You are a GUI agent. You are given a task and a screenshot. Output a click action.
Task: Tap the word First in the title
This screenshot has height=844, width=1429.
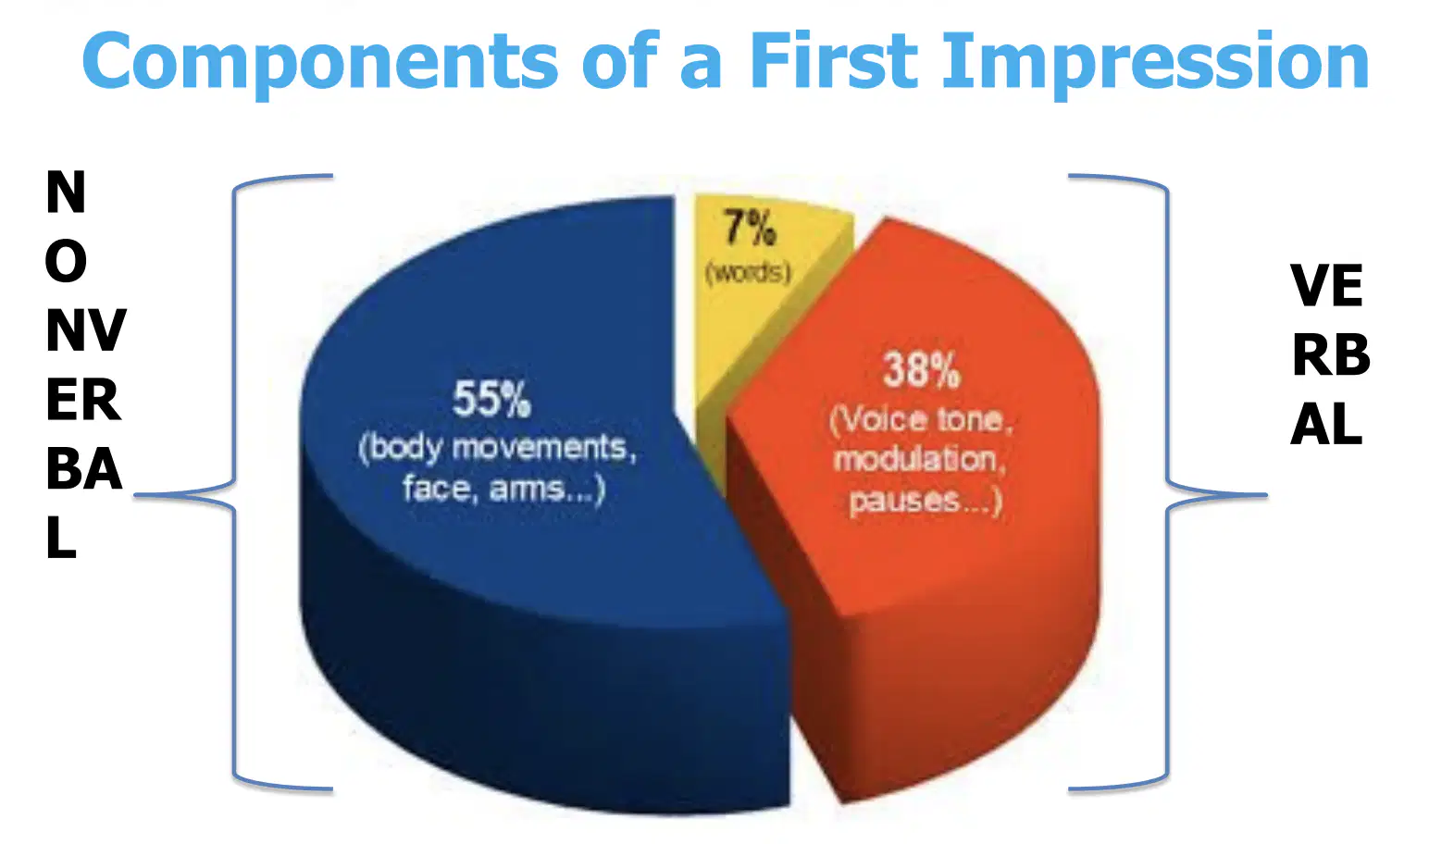click(x=834, y=59)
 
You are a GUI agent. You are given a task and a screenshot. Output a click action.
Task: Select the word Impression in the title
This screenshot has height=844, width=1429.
click(x=1156, y=63)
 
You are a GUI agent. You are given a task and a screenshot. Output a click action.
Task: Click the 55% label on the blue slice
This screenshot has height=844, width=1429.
click(x=491, y=399)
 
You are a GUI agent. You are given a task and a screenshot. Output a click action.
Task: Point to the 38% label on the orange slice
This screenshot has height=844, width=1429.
click(x=921, y=370)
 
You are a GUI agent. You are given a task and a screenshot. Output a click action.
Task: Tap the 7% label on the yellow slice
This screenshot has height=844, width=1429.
click(x=750, y=229)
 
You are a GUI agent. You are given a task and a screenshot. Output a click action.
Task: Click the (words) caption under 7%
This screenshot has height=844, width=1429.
click(x=748, y=273)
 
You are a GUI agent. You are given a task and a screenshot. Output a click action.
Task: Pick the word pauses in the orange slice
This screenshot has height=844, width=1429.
click(x=904, y=500)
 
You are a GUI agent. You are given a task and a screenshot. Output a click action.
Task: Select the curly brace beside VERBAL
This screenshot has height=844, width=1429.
click(x=1167, y=482)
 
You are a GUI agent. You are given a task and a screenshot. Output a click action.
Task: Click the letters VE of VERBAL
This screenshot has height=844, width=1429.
click(x=1326, y=285)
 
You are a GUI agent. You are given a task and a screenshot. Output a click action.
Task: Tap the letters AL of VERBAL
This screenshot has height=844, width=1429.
click(x=1326, y=424)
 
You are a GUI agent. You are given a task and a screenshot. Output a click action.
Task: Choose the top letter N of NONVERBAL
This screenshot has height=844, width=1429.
click(x=66, y=192)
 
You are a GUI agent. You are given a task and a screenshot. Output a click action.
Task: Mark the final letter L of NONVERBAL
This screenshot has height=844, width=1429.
click(x=61, y=538)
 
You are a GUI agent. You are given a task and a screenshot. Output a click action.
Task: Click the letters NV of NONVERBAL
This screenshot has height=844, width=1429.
click(x=86, y=330)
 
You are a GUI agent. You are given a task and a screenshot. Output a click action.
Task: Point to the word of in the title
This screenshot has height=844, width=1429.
click(x=618, y=59)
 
